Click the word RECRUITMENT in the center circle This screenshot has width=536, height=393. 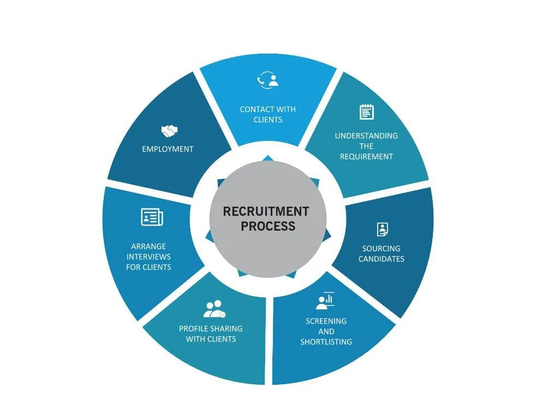(x=266, y=211)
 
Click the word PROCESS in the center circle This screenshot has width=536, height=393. (x=268, y=226)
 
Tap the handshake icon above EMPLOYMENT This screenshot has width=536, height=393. (x=169, y=131)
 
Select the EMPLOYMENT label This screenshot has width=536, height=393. (x=168, y=149)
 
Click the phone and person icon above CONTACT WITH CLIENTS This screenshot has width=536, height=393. (x=267, y=80)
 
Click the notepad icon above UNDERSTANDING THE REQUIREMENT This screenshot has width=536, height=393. (x=367, y=112)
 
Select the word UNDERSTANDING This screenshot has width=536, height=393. (x=366, y=136)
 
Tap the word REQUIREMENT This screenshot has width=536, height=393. (x=366, y=156)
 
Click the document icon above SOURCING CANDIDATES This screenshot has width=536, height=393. (x=382, y=229)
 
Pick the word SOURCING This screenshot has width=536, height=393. (x=382, y=248)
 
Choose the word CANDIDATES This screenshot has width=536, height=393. (x=382, y=259)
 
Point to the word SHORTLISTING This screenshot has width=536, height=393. (x=326, y=342)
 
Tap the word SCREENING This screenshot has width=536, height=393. (x=326, y=321)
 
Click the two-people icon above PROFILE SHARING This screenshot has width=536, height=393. (x=214, y=309)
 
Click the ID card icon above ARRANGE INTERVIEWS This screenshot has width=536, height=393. (x=152, y=217)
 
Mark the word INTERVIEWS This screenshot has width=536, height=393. (x=148, y=256)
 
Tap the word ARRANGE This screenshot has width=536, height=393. (x=148, y=246)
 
